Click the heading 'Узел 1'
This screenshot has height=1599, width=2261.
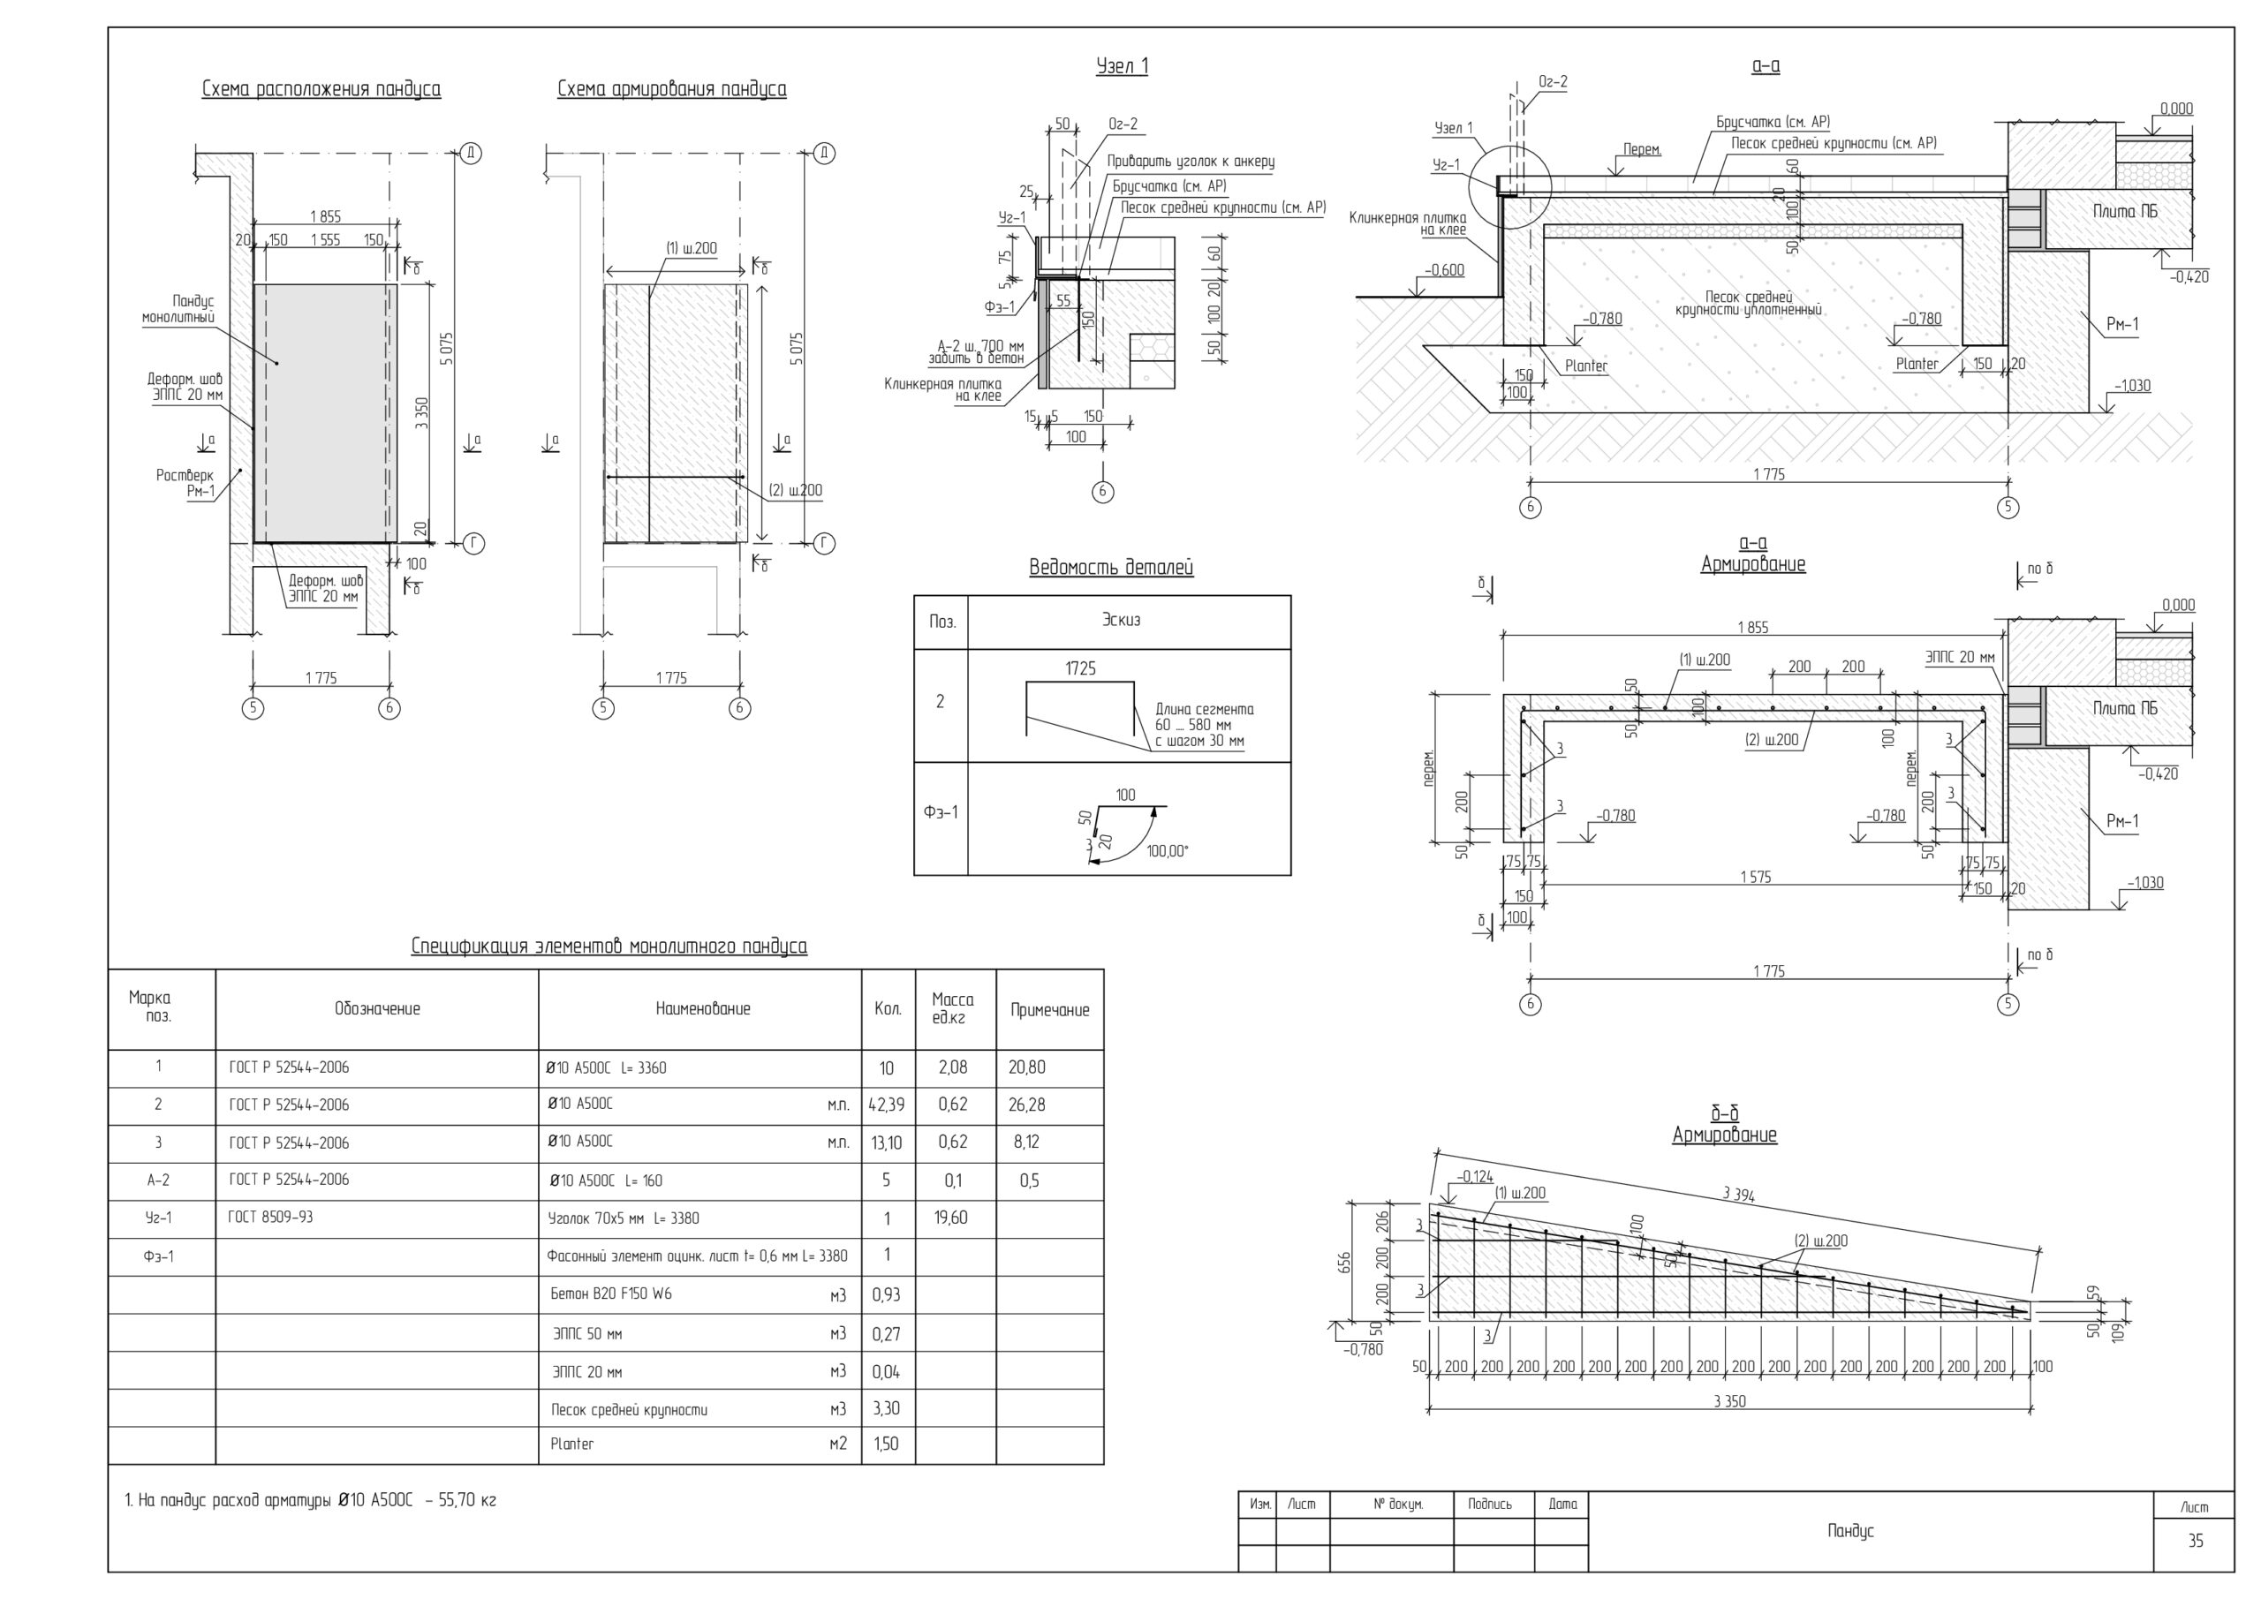(x=1122, y=66)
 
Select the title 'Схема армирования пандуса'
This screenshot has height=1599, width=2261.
(x=671, y=89)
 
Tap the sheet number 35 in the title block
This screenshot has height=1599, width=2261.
(x=2195, y=1541)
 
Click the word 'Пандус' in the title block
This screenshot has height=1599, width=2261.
(x=1850, y=1531)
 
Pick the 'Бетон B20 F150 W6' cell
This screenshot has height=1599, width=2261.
(x=610, y=1294)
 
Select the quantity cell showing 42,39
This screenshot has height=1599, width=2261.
(x=886, y=1105)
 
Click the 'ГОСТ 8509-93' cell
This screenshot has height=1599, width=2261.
(x=270, y=1217)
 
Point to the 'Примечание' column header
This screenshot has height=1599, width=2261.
(x=1050, y=1010)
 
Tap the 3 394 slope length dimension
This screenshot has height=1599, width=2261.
(x=1738, y=1195)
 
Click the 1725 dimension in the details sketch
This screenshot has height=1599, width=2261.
(x=1080, y=668)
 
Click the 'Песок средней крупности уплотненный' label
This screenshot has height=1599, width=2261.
(x=1748, y=303)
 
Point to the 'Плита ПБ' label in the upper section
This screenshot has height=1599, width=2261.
(x=2125, y=212)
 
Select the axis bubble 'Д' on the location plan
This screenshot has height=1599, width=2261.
(x=471, y=153)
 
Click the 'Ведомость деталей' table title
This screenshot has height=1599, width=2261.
(x=1111, y=567)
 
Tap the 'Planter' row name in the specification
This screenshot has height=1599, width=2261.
(x=572, y=1444)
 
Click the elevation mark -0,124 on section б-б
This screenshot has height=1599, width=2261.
(x=1474, y=1177)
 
